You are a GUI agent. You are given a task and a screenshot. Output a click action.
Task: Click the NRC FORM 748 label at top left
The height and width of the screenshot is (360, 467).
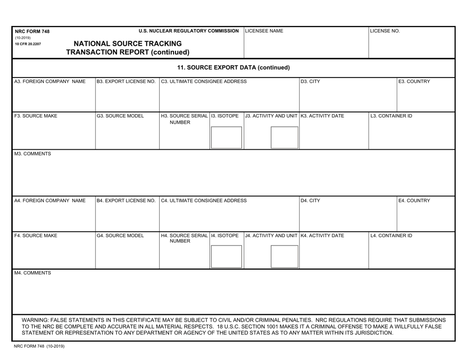32,31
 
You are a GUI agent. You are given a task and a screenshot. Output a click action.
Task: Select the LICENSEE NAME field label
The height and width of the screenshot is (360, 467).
264,31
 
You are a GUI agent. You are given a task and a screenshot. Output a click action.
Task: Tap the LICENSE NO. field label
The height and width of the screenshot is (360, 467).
385,31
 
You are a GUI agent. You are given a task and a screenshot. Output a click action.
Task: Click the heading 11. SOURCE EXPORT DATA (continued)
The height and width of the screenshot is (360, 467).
233,67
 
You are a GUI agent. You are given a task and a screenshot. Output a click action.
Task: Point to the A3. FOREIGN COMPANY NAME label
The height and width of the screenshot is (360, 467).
50,82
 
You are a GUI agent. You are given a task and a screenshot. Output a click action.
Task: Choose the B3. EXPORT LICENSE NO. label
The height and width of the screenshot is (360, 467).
126,82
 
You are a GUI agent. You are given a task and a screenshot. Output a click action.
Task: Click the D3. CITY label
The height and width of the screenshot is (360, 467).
311,82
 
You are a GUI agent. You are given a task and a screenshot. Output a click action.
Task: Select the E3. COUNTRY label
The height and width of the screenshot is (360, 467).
414,82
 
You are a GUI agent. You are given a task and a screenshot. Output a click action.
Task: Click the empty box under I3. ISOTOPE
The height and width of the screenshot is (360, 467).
226,137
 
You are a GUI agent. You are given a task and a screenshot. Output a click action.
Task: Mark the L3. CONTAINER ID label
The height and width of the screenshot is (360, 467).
391,116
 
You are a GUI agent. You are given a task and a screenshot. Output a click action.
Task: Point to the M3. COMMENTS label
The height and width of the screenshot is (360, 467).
32,154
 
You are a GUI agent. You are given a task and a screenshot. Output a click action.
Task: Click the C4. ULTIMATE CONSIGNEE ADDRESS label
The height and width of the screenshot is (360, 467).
204,201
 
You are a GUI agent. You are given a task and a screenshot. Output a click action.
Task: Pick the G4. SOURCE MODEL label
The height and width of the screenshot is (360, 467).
120,236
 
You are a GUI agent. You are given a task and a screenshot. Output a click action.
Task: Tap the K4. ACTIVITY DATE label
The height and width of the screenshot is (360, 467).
322,236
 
